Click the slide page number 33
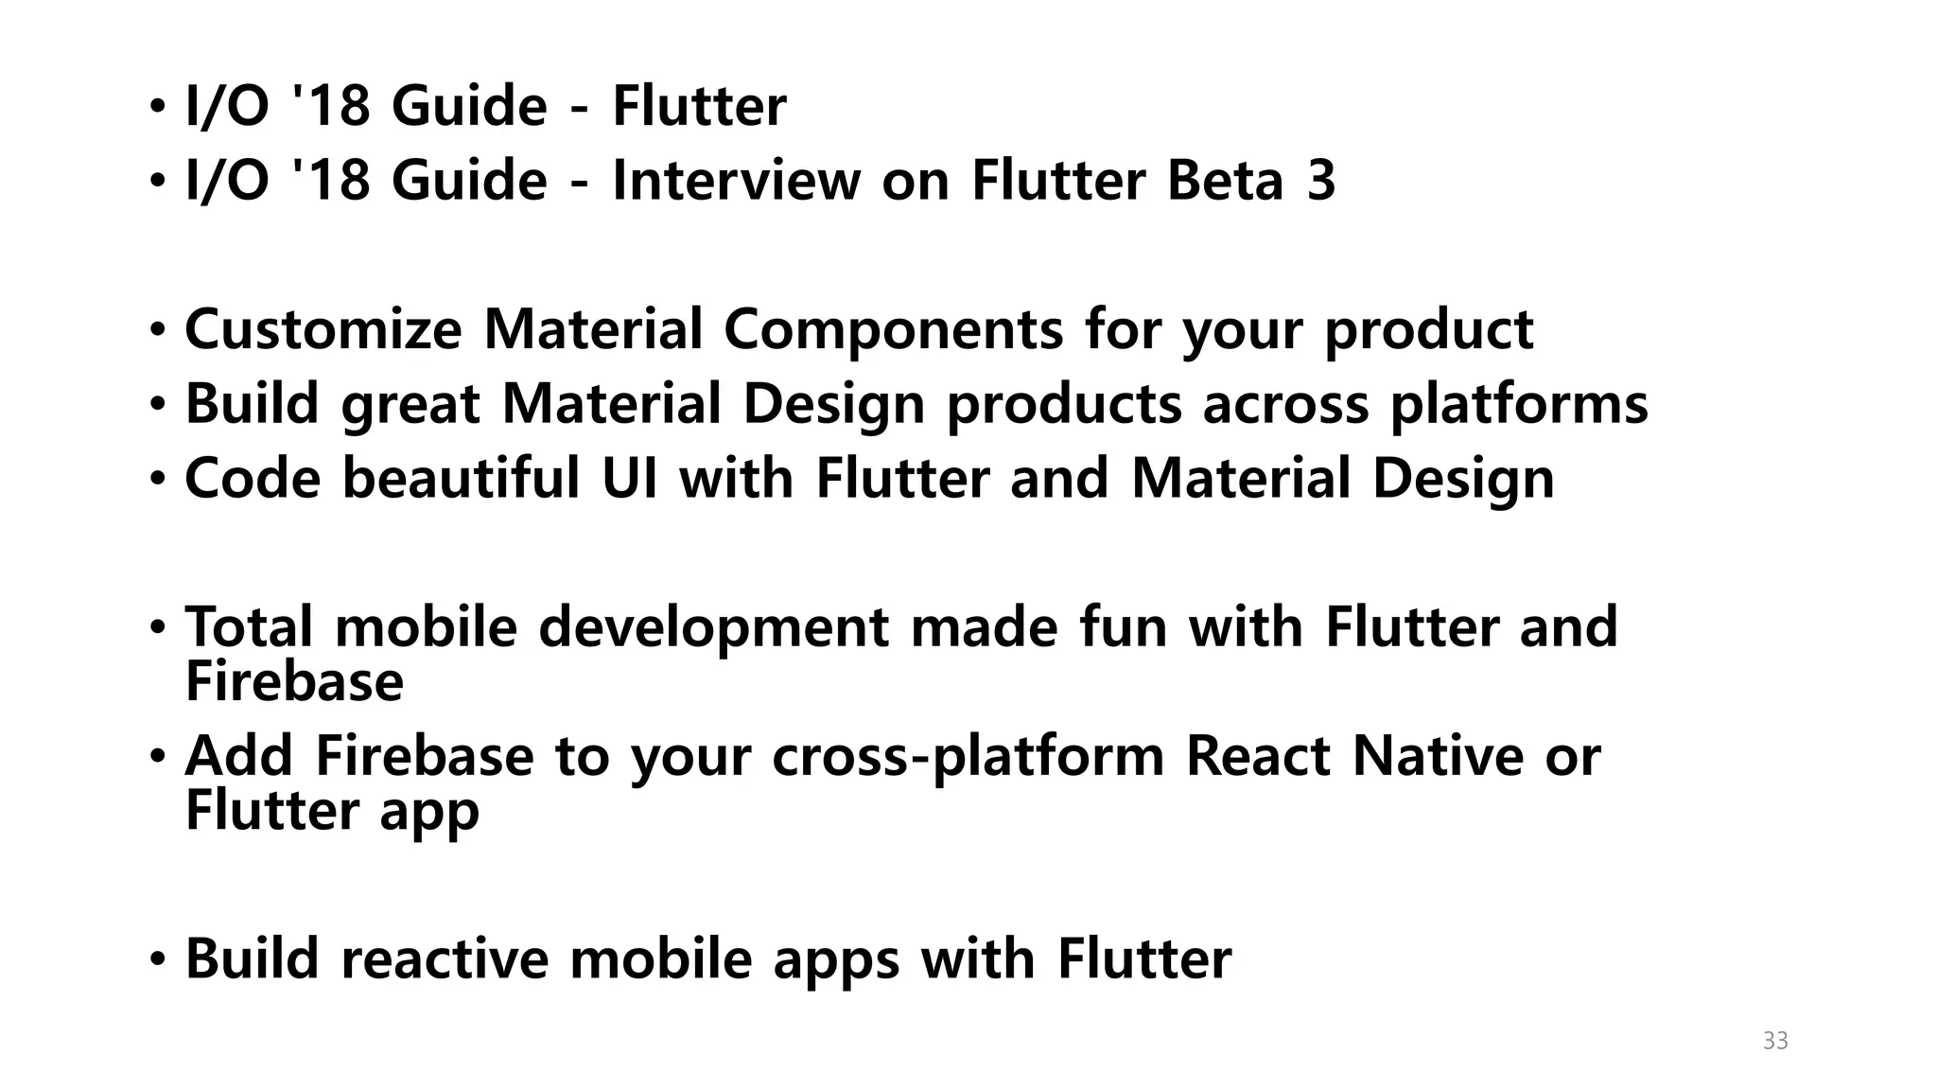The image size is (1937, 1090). (x=1775, y=1041)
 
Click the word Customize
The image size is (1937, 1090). (x=323, y=329)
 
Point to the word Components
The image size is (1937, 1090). (x=894, y=329)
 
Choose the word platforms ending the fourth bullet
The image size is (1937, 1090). (x=1519, y=405)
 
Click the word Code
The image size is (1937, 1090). (x=253, y=478)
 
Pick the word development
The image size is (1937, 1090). (x=714, y=628)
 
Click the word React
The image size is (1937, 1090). (x=1258, y=756)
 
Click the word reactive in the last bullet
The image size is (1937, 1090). (x=445, y=958)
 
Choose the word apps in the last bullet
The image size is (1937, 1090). (x=836, y=960)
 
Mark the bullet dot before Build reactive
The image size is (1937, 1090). (x=157, y=960)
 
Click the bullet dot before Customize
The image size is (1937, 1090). (x=157, y=331)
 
